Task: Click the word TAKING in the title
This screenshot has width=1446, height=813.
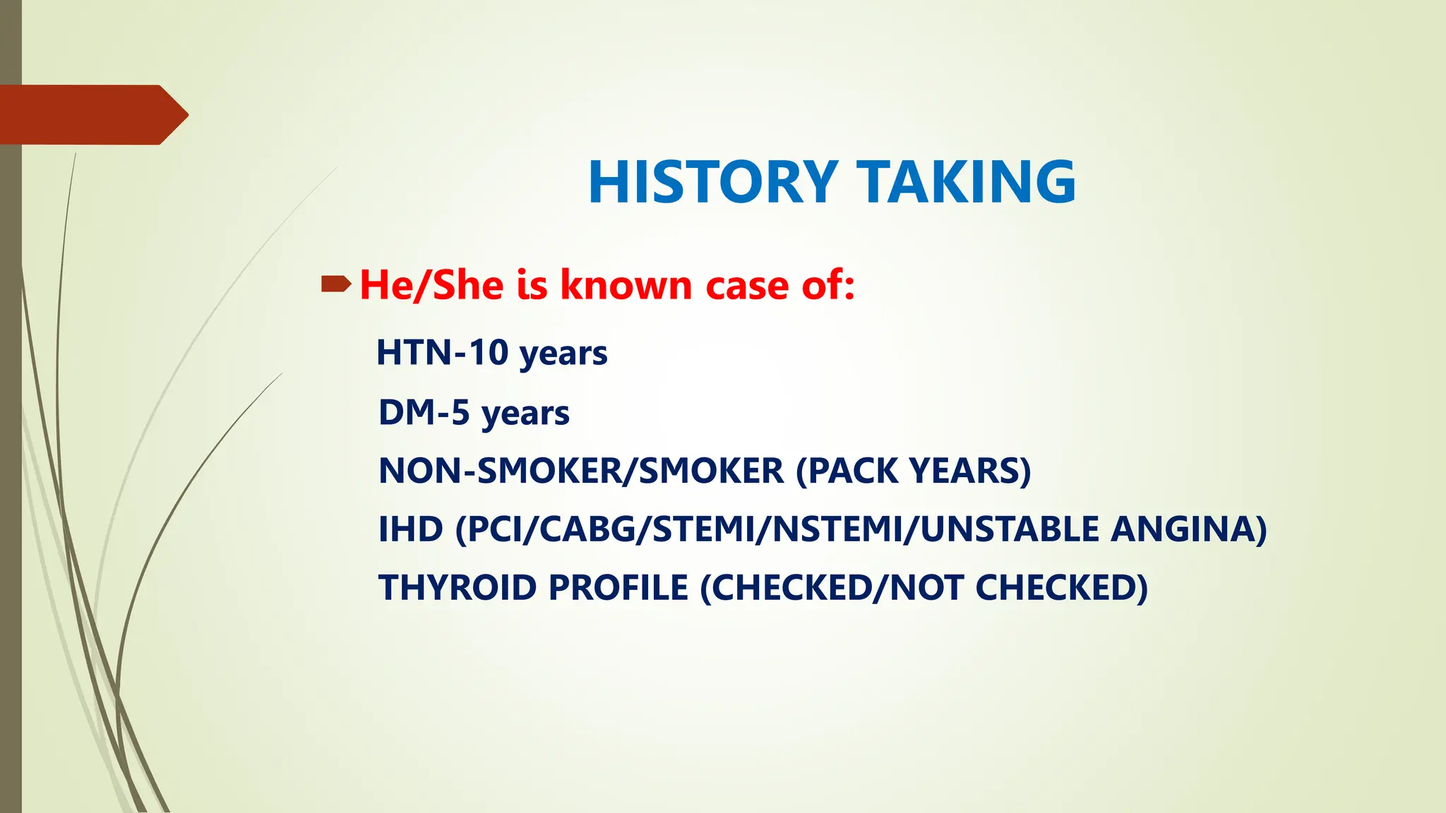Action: (966, 182)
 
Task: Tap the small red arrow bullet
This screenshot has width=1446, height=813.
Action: (335, 284)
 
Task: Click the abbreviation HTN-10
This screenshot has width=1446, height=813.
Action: (442, 352)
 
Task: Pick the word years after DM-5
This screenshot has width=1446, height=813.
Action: (525, 414)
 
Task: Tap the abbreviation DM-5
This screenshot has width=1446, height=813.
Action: (424, 412)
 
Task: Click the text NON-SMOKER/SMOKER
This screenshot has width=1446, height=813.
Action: (581, 471)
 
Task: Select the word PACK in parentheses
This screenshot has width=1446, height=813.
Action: (847, 471)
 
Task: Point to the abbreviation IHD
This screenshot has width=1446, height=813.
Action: (410, 529)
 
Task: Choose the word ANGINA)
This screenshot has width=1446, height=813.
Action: (1188, 529)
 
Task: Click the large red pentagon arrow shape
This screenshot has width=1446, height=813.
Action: (92, 114)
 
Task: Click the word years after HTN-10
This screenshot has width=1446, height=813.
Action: (563, 354)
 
